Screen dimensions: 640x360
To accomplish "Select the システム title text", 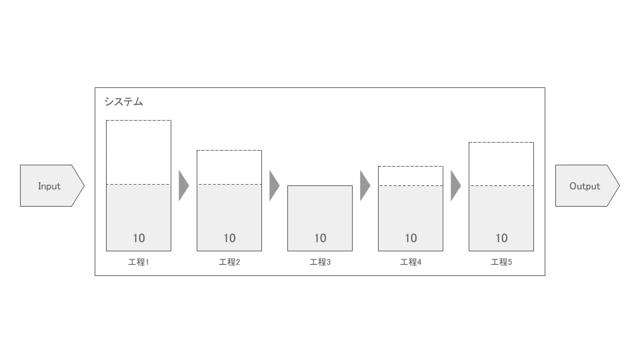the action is (124, 101).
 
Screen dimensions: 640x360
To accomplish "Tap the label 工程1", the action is (139, 262).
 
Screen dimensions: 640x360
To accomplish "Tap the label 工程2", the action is (229, 262).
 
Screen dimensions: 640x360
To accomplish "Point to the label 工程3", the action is (320, 262).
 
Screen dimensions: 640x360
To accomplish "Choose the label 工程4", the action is (411, 262).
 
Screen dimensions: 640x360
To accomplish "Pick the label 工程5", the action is (501, 262).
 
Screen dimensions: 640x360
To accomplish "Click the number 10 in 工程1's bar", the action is (139, 238).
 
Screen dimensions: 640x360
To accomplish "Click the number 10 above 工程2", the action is (229, 238).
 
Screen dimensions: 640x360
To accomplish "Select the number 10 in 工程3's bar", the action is (320, 238).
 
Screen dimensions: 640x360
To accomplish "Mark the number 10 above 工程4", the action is (411, 238).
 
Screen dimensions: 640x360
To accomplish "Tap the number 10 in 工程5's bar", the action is (501, 238).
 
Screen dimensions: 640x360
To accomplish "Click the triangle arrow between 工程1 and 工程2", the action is (183, 186).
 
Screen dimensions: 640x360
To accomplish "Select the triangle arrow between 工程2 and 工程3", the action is (274, 186).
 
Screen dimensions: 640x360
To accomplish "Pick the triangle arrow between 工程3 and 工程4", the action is (365, 186).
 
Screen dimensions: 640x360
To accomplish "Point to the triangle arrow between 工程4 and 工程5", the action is (455, 186).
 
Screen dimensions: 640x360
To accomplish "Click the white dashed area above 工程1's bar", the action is (139, 152).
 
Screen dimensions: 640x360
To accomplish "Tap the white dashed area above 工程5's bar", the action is (501, 164).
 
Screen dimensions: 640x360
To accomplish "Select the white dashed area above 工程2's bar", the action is (229, 167).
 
